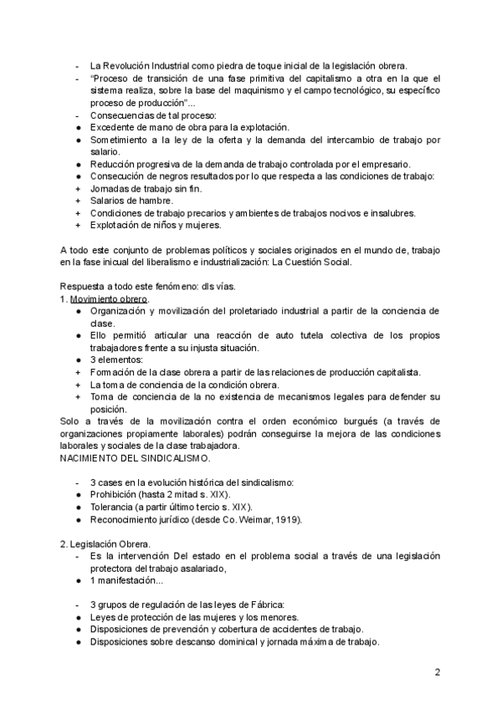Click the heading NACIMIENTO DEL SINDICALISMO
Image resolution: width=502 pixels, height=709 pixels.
(135, 458)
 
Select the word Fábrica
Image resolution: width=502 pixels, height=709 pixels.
(265, 605)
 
